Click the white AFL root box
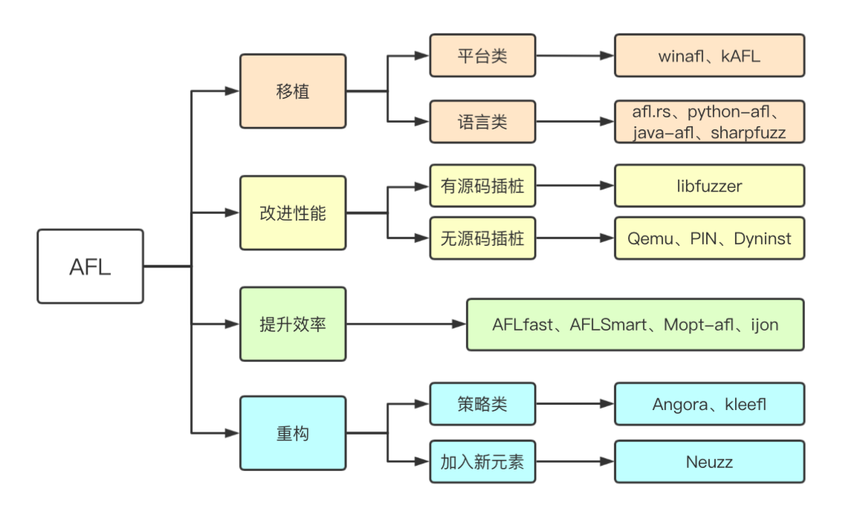coord(90,266)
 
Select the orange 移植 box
coord(292,91)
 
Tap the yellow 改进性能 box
coord(292,213)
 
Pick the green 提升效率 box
coord(292,324)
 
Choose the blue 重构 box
coord(292,433)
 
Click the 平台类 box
coord(482,56)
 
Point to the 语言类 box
coord(482,121)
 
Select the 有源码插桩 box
coord(482,185)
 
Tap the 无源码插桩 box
coord(482,238)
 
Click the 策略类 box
coord(482,404)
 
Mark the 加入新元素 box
coord(482,461)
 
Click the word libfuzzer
coord(709,186)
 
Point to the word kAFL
coord(740,56)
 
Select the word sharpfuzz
coord(748,133)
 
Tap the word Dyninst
coord(762,238)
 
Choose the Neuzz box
coord(709,461)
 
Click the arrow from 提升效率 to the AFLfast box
coord(405,324)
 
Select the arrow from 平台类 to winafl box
coord(574,56)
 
